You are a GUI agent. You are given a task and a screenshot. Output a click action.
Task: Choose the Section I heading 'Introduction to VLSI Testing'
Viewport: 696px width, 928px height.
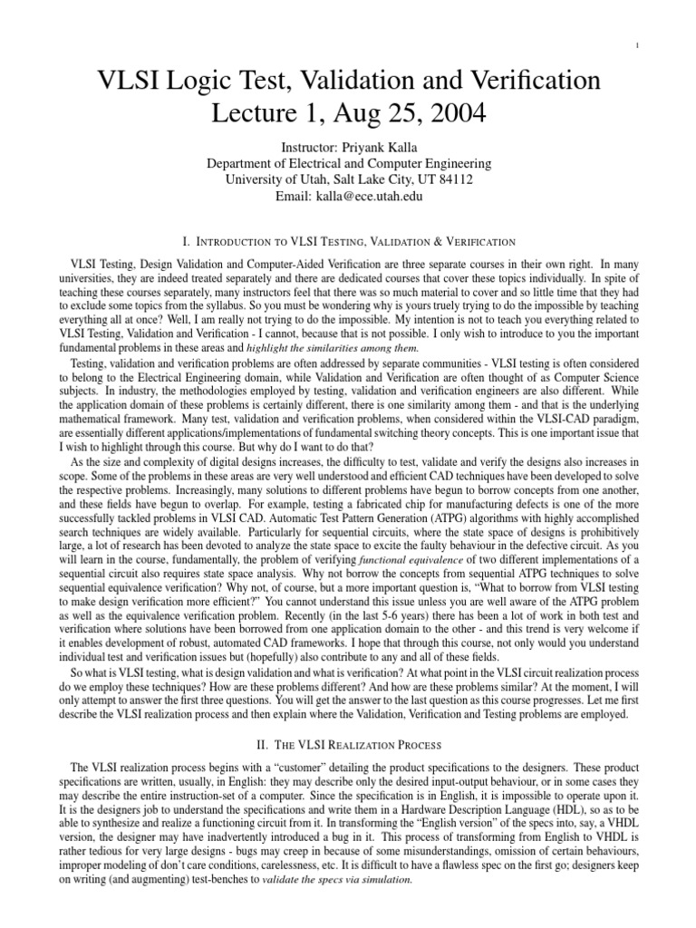point(349,242)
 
